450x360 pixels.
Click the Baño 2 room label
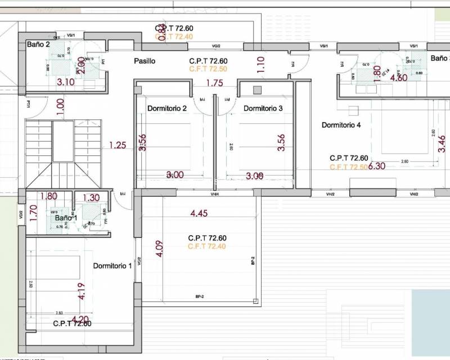38,44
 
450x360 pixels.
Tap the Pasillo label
145,61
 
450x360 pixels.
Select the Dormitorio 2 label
167,108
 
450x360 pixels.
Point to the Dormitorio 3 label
263,108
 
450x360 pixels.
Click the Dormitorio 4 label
341,125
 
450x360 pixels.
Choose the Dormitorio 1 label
112,265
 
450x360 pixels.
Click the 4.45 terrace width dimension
200,213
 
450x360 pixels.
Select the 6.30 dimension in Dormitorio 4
376,166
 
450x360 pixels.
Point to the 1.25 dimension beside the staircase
118,145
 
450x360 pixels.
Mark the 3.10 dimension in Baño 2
66,82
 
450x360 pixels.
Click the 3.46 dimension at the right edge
442,145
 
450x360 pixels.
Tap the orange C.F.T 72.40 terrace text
207,246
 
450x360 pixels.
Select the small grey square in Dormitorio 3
258,90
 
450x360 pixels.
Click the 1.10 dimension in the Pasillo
260,65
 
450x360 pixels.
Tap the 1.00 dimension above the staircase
60,105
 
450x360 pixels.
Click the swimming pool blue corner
431,315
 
